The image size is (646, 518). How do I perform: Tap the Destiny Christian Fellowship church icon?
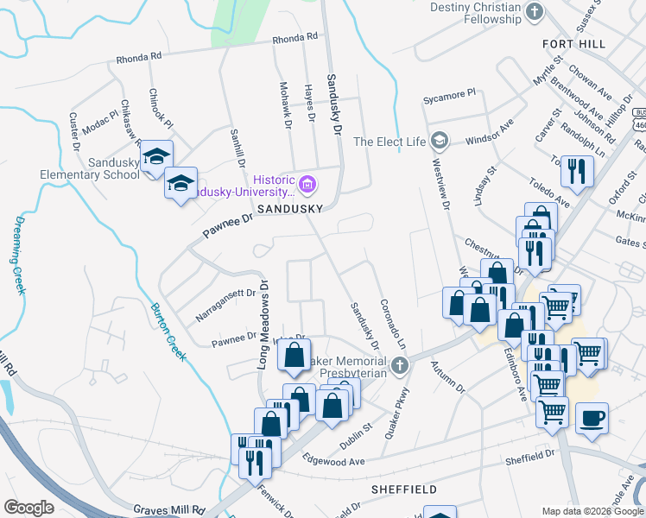click(535, 10)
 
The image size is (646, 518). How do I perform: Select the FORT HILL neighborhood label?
click(574, 43)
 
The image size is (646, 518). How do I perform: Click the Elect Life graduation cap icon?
click(440, 140)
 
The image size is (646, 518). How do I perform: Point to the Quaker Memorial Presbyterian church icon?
click(399, 366)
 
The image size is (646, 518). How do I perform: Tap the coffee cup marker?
click(592, 419)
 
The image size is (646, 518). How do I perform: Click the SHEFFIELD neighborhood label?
click(404, 489)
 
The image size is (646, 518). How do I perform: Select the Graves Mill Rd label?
click(168, 510)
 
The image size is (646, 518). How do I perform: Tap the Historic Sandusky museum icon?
click(307, 184)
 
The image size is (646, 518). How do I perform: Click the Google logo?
click(28, 508)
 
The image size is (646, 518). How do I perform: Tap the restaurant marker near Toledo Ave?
click(576, 171)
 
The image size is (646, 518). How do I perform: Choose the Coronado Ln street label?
click(390, 324)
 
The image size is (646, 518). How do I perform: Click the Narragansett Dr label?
click(225, 305)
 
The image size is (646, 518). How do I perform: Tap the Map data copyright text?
click(592, 511)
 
